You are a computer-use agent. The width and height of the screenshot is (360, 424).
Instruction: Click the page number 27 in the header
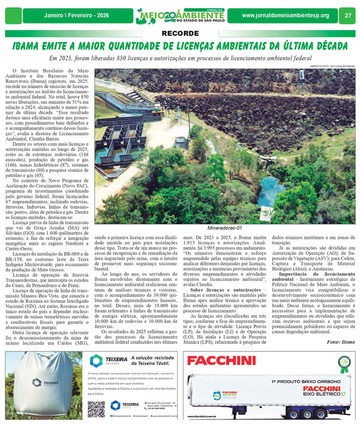348,15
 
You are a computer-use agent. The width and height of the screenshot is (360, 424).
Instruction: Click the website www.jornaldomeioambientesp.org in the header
285,16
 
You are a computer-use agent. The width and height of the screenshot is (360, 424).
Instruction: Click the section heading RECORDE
180,34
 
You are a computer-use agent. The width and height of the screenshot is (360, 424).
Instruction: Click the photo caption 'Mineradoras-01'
225,228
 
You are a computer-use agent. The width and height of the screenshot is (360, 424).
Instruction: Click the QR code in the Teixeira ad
96,409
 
